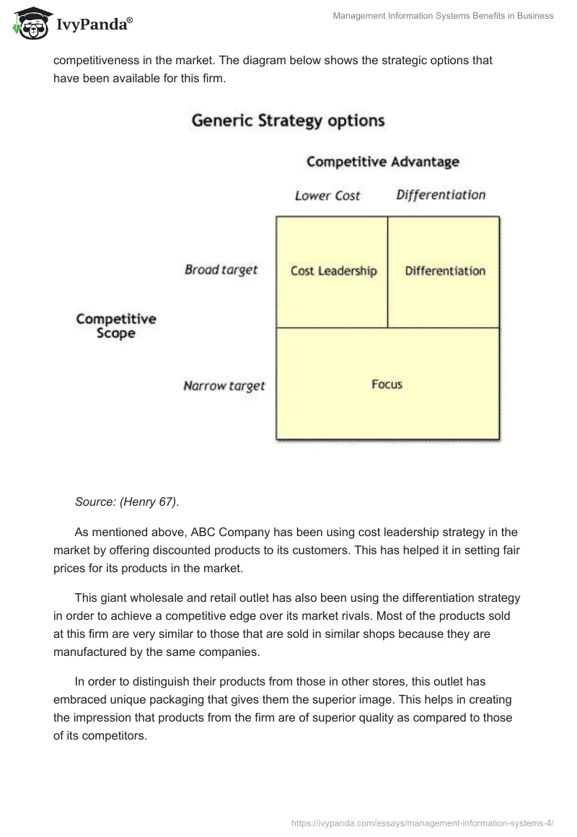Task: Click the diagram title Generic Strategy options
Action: (x=288, y=120)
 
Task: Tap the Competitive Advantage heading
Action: (x=382, y=162)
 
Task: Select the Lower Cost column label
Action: (x=327, y=196)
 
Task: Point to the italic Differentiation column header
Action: (x=441, y=195)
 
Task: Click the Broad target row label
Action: (x=221, y=270)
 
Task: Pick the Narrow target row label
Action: (x=224, y=386)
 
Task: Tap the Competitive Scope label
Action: (x=116, y=326)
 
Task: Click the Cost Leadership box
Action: (x=333, y=271)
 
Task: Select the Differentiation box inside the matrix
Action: (x=445, y=271)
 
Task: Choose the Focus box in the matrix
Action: (x=387, y=385)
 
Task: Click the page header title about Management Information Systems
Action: (x=443, y=16)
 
